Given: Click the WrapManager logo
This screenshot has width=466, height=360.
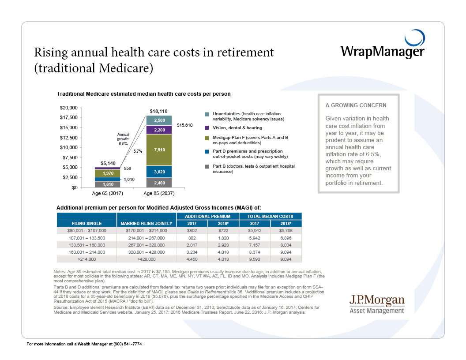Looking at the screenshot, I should [382, 47].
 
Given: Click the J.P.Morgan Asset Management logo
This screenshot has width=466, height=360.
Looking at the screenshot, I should [376, 304].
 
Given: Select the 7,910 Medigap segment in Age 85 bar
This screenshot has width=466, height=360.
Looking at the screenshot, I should [159, 150].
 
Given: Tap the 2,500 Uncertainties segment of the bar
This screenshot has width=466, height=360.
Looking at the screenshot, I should [159, 120].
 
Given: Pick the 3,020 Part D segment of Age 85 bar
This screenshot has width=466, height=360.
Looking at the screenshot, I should [159, 172].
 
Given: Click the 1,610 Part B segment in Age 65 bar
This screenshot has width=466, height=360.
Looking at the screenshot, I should [108, 184].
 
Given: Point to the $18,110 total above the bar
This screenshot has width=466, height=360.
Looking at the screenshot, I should [159, 111].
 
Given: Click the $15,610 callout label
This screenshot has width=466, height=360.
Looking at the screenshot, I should [184, 125].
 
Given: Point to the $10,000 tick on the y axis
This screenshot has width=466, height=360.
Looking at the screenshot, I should [68, 147].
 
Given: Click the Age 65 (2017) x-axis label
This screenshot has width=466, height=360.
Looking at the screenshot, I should [108, 194].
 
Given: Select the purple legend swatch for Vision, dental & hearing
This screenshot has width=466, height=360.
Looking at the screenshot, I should [207, 128].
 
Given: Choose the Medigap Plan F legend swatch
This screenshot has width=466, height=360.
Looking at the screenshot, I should [207, 138].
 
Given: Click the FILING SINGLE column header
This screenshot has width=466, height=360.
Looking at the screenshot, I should [87, 224].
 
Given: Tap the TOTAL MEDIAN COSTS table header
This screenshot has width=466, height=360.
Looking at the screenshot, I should [270, 217].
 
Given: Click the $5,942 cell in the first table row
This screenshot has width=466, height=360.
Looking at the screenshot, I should [255, 230].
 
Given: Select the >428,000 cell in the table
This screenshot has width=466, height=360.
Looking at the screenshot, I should [147, 259].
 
